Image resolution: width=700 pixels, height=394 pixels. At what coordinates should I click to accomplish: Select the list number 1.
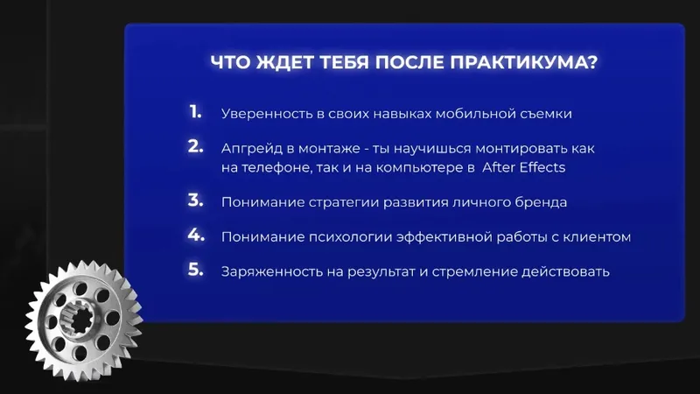pos(195,112)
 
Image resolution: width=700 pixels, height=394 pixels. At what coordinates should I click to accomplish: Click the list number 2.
pos(195,146)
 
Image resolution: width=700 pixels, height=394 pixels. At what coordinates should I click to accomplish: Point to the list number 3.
pos(195,201)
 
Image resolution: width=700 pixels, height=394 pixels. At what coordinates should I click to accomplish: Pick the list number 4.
pos(196,235)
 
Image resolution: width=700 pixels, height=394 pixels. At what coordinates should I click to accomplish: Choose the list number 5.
pos(195,270)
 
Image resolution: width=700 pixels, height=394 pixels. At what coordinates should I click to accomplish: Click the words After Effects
pos(523,167)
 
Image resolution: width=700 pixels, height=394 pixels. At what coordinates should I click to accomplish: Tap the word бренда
pos(541,202)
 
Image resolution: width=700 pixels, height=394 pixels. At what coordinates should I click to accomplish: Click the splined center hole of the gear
pos(80,320)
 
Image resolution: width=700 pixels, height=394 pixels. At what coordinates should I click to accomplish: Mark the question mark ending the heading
pos(592,62)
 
